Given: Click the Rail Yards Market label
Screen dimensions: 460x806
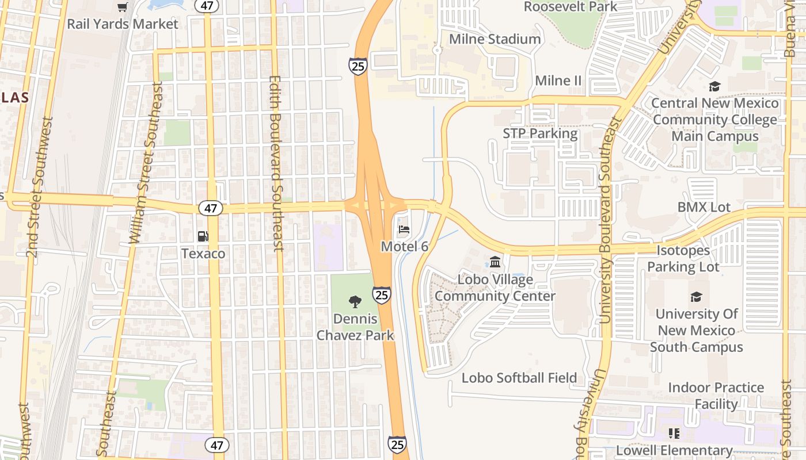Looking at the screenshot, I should tap(123, 24).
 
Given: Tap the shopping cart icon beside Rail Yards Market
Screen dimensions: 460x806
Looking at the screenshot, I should tap(123, 7).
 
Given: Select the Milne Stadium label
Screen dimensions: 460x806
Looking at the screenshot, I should tap(495, 39).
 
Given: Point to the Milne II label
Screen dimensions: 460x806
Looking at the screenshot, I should tap(558, 80).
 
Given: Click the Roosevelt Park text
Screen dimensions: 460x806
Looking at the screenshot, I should tap(570, 7).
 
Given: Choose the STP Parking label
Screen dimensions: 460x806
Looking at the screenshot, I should tap(540, 133).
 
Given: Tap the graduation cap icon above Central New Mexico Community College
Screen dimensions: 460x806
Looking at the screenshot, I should tap(714, 87).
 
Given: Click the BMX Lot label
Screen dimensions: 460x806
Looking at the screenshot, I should tap(704, 207).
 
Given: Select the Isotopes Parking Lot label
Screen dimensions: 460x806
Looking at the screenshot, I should tap(683, 259).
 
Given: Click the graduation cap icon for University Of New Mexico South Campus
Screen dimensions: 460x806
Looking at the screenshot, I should tap(696, 297).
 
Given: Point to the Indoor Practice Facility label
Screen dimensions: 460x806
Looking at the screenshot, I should tap(716, 396).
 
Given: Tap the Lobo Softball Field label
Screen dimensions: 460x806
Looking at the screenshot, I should tap(519, 378).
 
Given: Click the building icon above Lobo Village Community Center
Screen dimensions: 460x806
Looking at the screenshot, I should tap(495, 263).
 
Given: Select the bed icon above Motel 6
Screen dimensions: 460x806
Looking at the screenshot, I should tap(404, 229).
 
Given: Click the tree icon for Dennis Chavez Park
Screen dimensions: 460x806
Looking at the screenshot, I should tap(355, 301).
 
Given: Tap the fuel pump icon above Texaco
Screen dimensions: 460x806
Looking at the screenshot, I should tap(203, 236).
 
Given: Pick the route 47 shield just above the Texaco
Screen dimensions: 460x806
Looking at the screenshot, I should tap(211, 208).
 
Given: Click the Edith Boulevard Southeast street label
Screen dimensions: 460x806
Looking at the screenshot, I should tap(277, 164).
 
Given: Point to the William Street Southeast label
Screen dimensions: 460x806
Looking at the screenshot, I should tap(146, 163).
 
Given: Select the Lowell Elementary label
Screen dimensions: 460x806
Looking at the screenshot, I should tap(674, 450).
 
